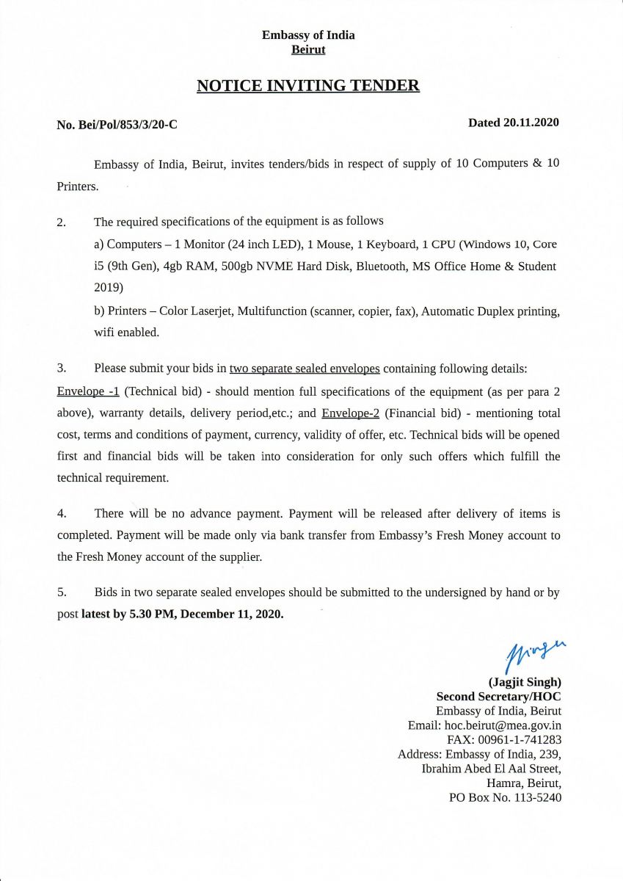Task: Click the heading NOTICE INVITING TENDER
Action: pos(308,86)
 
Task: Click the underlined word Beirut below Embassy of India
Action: pos(308,50)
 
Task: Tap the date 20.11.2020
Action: pos(531,123)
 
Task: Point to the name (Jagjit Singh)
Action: pos(525,681)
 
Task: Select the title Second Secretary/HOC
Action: pos(499,696)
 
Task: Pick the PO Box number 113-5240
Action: pos(536,797)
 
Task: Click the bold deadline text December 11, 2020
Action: pos(231,614)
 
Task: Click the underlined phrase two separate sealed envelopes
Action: pos(305,368)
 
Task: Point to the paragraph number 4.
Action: pos(62,514)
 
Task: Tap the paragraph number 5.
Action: pos(62,592)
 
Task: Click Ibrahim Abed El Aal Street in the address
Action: pos(492,769)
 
